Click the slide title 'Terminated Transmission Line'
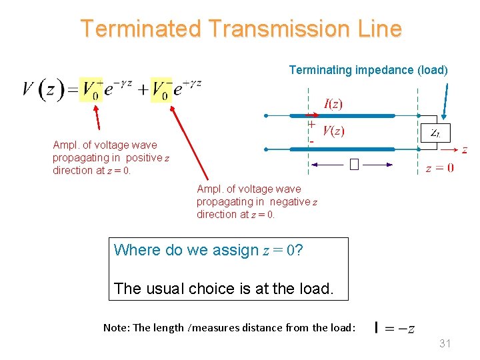241,29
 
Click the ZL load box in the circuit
434,133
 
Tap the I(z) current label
333,104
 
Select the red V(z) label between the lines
333,131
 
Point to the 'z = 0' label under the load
440,168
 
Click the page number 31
445,344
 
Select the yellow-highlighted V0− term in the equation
162,89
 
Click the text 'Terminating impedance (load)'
368,70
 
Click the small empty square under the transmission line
353,164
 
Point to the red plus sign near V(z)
311,124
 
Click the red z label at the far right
464,150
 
